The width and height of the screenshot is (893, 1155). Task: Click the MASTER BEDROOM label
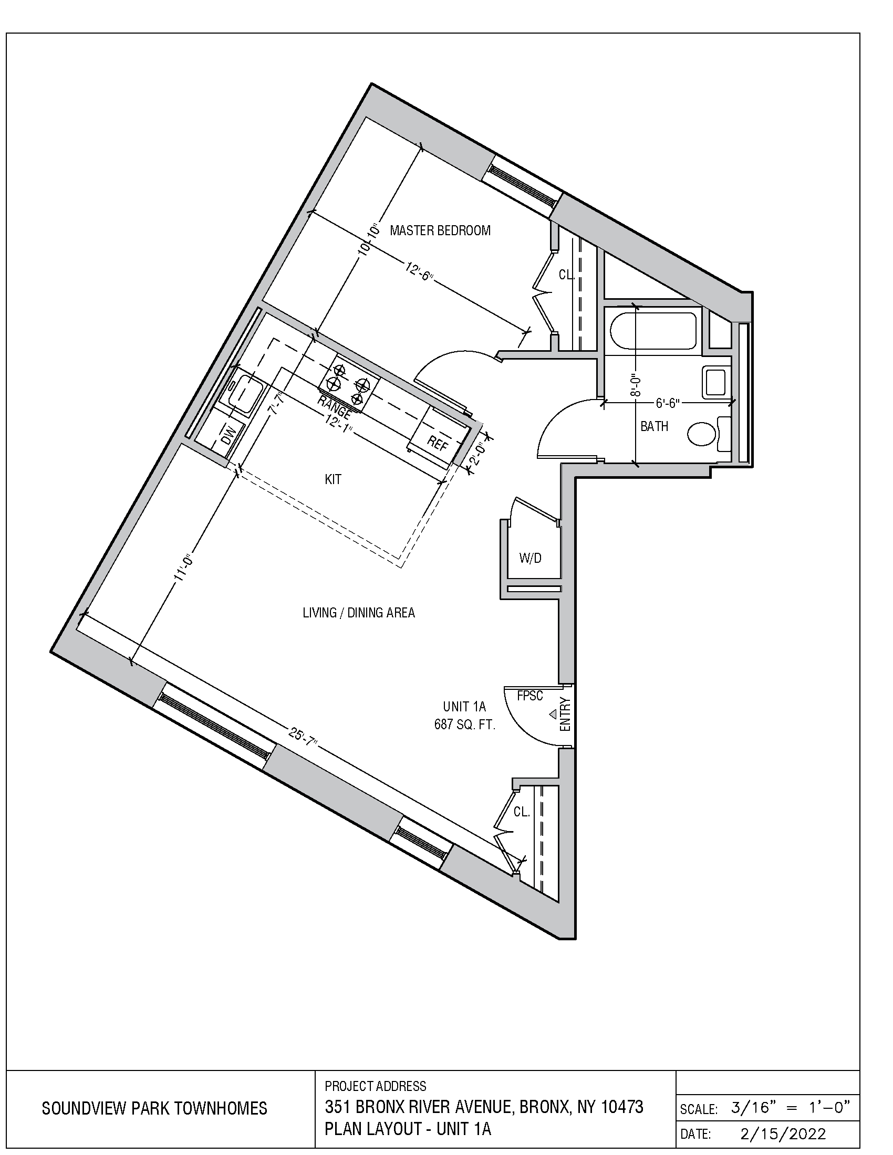coord(440,230)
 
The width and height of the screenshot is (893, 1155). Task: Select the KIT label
coord(333,479)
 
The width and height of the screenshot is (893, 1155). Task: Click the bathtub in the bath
coord(653,331)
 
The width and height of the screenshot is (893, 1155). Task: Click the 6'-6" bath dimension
coord(668,403)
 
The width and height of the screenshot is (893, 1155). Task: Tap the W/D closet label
coord(530,558)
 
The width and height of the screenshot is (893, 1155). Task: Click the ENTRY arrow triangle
coord(553,715)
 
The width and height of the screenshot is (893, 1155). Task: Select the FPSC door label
coord(529,696)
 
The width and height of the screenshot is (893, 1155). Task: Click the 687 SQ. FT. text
coord(464,724)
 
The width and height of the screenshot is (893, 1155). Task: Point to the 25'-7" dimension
coord(303,737)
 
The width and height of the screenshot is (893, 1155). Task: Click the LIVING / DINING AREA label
coord(359,612)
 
